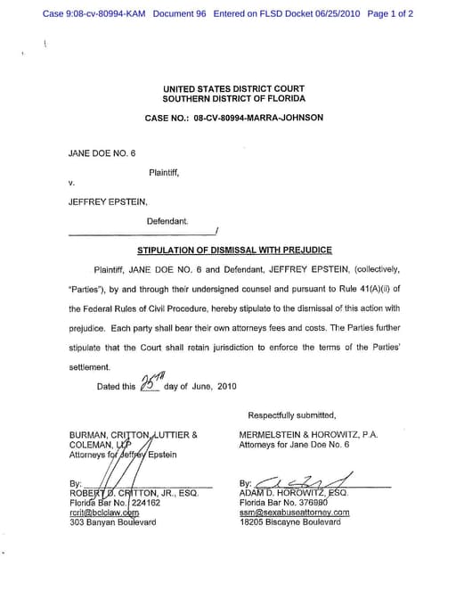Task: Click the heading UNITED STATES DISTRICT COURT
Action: [x=233, y=89]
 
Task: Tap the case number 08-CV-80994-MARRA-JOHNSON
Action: [x=257, y=118]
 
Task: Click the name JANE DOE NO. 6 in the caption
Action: [x=102, y=153]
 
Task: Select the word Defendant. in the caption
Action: [x=167, y=219]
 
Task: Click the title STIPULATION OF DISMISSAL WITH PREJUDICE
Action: [x=234, y=250]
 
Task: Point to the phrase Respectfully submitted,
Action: [x=293, y=415]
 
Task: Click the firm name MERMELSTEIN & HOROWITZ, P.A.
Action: [x=308, y=435]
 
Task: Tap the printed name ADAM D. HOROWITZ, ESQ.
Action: [x=294, y=493]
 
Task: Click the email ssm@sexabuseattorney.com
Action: [x=294, y=513]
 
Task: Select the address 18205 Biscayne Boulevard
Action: [x=289, y=522]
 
